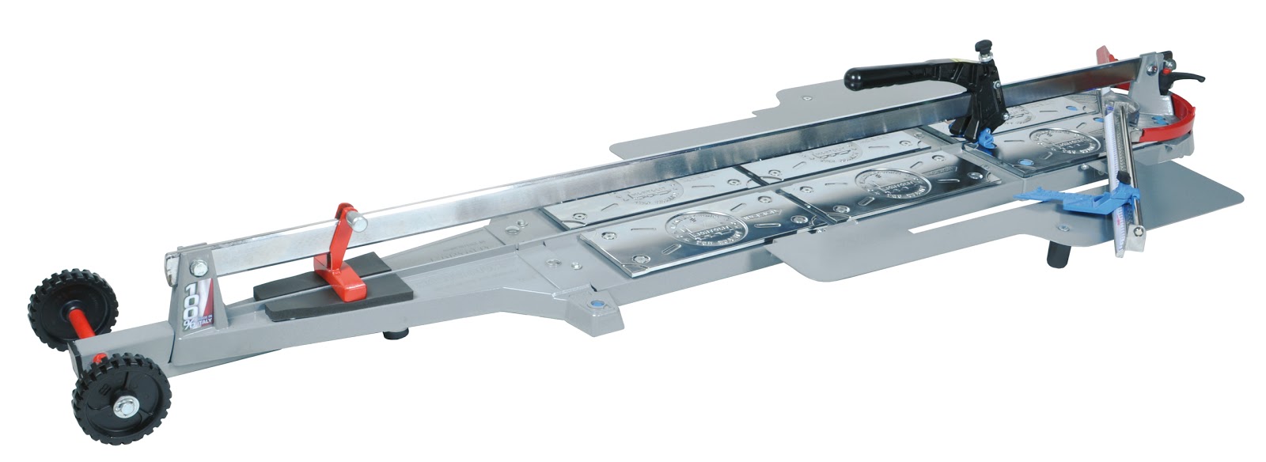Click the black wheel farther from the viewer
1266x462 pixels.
point(71,302)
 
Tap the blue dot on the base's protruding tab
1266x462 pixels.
point(593,303)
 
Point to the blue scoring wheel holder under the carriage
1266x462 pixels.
point(984,140)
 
